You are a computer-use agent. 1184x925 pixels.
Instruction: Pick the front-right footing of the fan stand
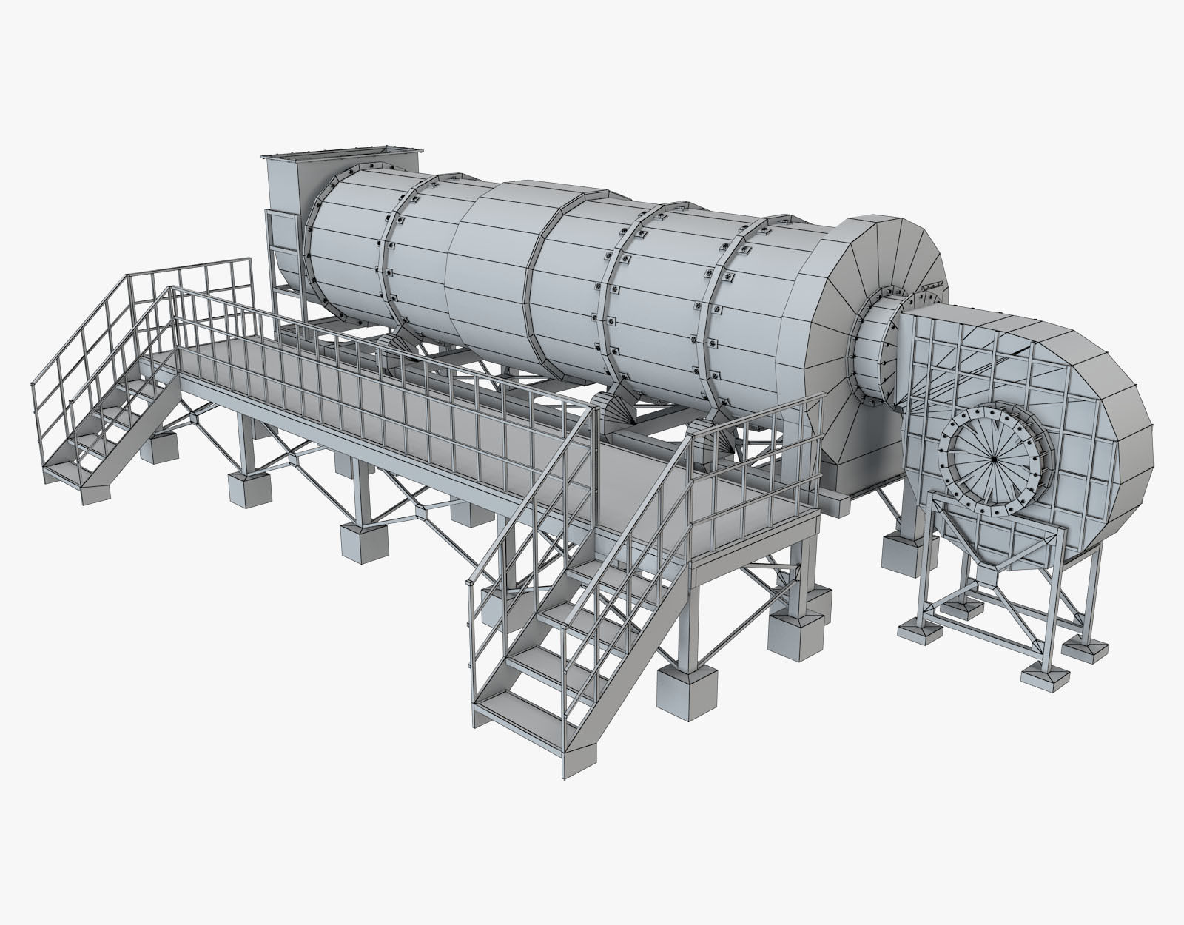tap(1043, 673)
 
